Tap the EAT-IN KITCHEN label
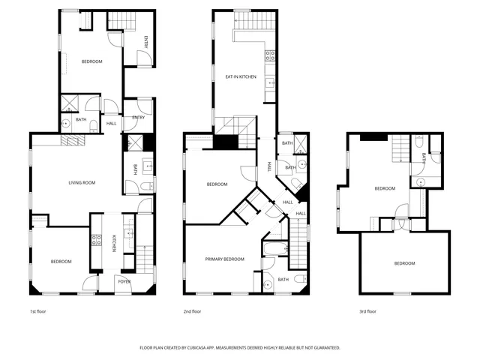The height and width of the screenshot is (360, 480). [x=241, y=76]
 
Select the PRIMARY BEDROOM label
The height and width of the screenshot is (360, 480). [x=225, y=259]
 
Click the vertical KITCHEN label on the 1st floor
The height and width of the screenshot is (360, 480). [x=114, y=243]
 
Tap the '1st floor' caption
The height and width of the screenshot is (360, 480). [x=38, y=311]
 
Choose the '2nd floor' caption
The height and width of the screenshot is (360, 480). [x=192, y=311]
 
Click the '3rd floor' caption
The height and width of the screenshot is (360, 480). [x=367, y=311]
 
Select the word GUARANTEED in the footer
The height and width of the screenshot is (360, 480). [x=323, y=348]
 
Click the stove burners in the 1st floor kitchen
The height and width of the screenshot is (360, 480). [x=97, y=240]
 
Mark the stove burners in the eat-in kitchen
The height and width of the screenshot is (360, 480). [x=270, y=55]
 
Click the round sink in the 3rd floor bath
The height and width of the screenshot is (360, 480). [x=421, y=181]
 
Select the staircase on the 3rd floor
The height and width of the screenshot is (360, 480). [x=403, y=149]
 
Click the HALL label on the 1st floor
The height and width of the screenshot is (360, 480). [x=111, y=123]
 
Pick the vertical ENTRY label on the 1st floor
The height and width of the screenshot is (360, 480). [x=146, y=43]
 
